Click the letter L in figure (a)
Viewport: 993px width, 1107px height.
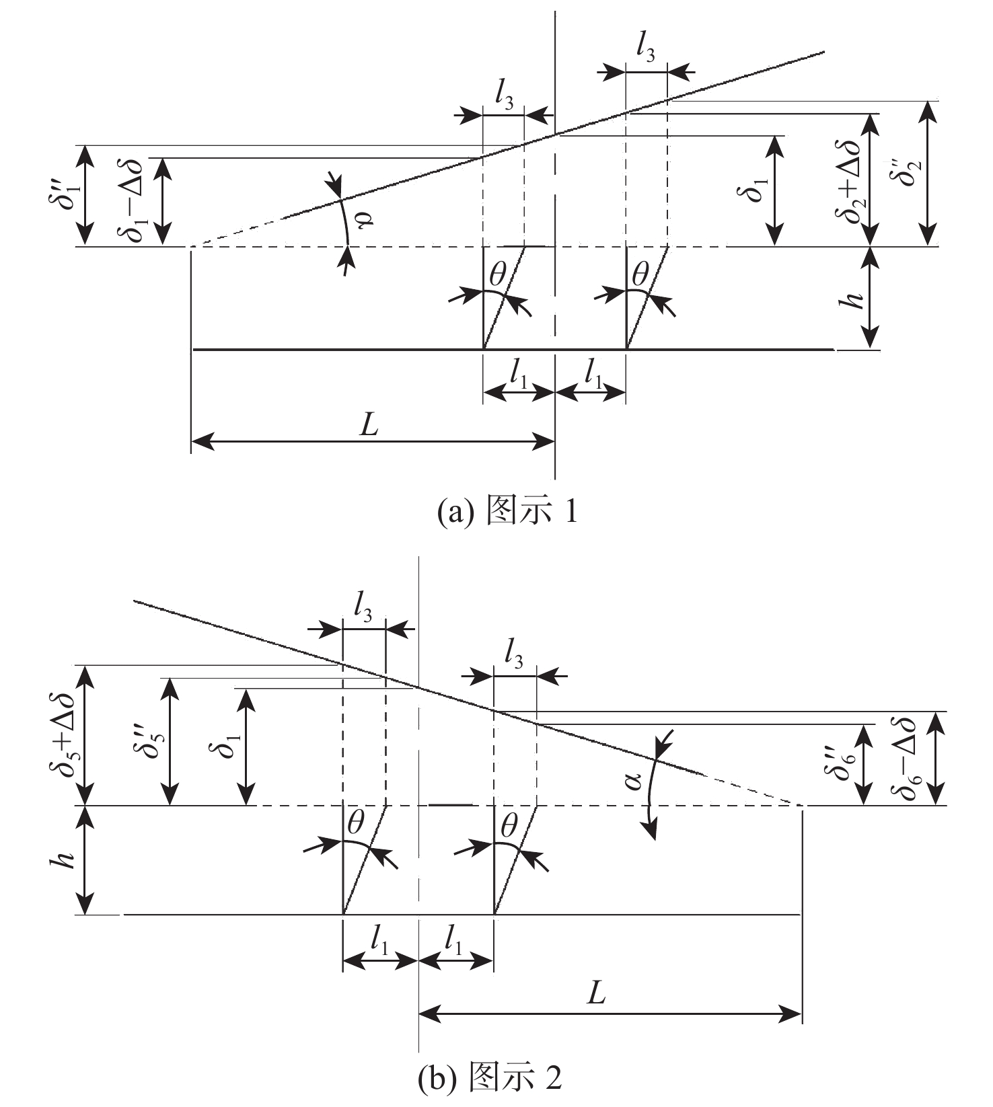click(369, 426)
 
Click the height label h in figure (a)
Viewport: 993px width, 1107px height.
click(854, 299)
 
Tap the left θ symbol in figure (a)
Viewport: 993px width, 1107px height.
click(498, 274)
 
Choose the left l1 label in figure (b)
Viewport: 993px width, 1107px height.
click(379, 940)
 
